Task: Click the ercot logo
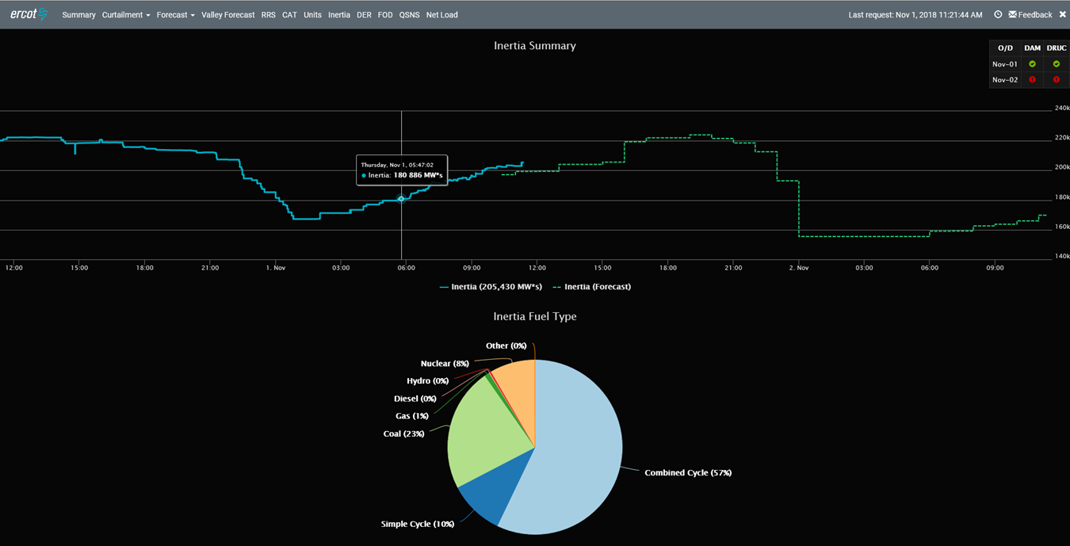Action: [x=29, y=14]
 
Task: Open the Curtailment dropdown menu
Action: [x=125, y=15]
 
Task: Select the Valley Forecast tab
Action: [x=228, y=15]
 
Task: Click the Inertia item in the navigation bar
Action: [x=338, y=15]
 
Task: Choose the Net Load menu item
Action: [x=441, y=15]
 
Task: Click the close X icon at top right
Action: [x=1062, y=14]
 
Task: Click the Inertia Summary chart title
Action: [x=534, y=46]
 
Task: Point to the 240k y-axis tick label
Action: [x=1061, y=109]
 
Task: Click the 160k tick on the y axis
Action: [x=1061, y=227]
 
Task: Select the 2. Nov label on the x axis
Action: [x=798, y=268]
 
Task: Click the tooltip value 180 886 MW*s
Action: [x=418, y=175]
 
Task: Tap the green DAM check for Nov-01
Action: [x=1032, y=64]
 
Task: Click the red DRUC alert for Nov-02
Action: [x=1056, y=80]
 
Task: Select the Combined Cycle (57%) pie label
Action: [x=687, y=473]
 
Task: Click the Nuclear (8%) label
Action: [x=445, y=364]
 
